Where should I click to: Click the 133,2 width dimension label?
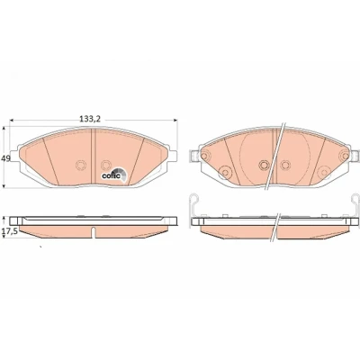click(90, 119)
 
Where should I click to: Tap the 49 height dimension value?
click(5, 158)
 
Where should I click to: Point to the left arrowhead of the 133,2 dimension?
click(12, 121)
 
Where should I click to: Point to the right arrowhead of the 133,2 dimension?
click(175, 121)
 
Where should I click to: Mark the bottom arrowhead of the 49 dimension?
click(4, 185)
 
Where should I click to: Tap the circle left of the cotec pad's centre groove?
click(80, 165)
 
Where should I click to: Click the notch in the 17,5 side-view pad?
click(94, 232)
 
